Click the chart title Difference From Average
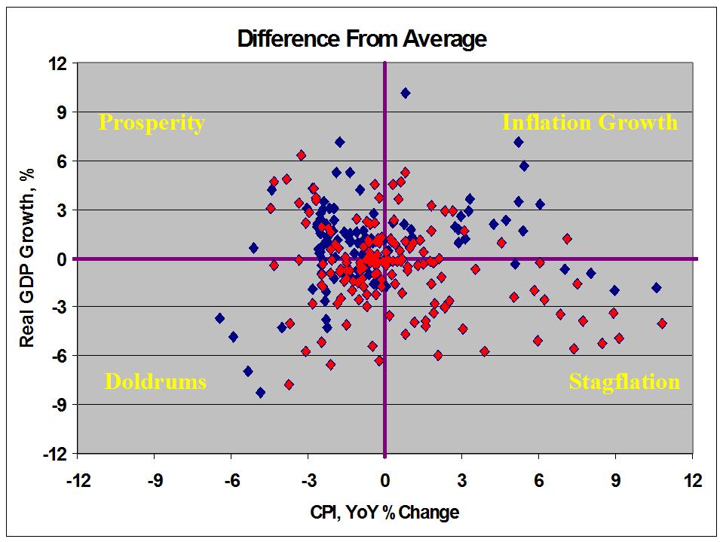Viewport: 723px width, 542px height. [x=362, y=38]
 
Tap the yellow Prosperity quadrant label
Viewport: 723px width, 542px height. [x=152, y=123]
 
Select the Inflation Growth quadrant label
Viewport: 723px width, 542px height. [x=590, y=123]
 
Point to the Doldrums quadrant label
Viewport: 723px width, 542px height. [x=155, y=381]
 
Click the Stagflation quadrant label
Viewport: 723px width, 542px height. [x=624, y=381]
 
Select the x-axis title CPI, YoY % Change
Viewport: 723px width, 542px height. [x=384, y=513]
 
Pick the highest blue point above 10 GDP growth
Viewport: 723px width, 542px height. [x=405, y=93]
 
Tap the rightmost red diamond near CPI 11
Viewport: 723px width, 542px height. [x=662, y=323]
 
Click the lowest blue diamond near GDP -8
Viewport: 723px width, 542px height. [x=261, y=393]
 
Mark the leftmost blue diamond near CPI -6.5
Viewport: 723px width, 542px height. [x=219, y=318]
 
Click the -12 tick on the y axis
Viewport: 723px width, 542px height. [x=55, y=454]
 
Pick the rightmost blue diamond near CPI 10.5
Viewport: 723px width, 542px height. [x=656, y=287]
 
